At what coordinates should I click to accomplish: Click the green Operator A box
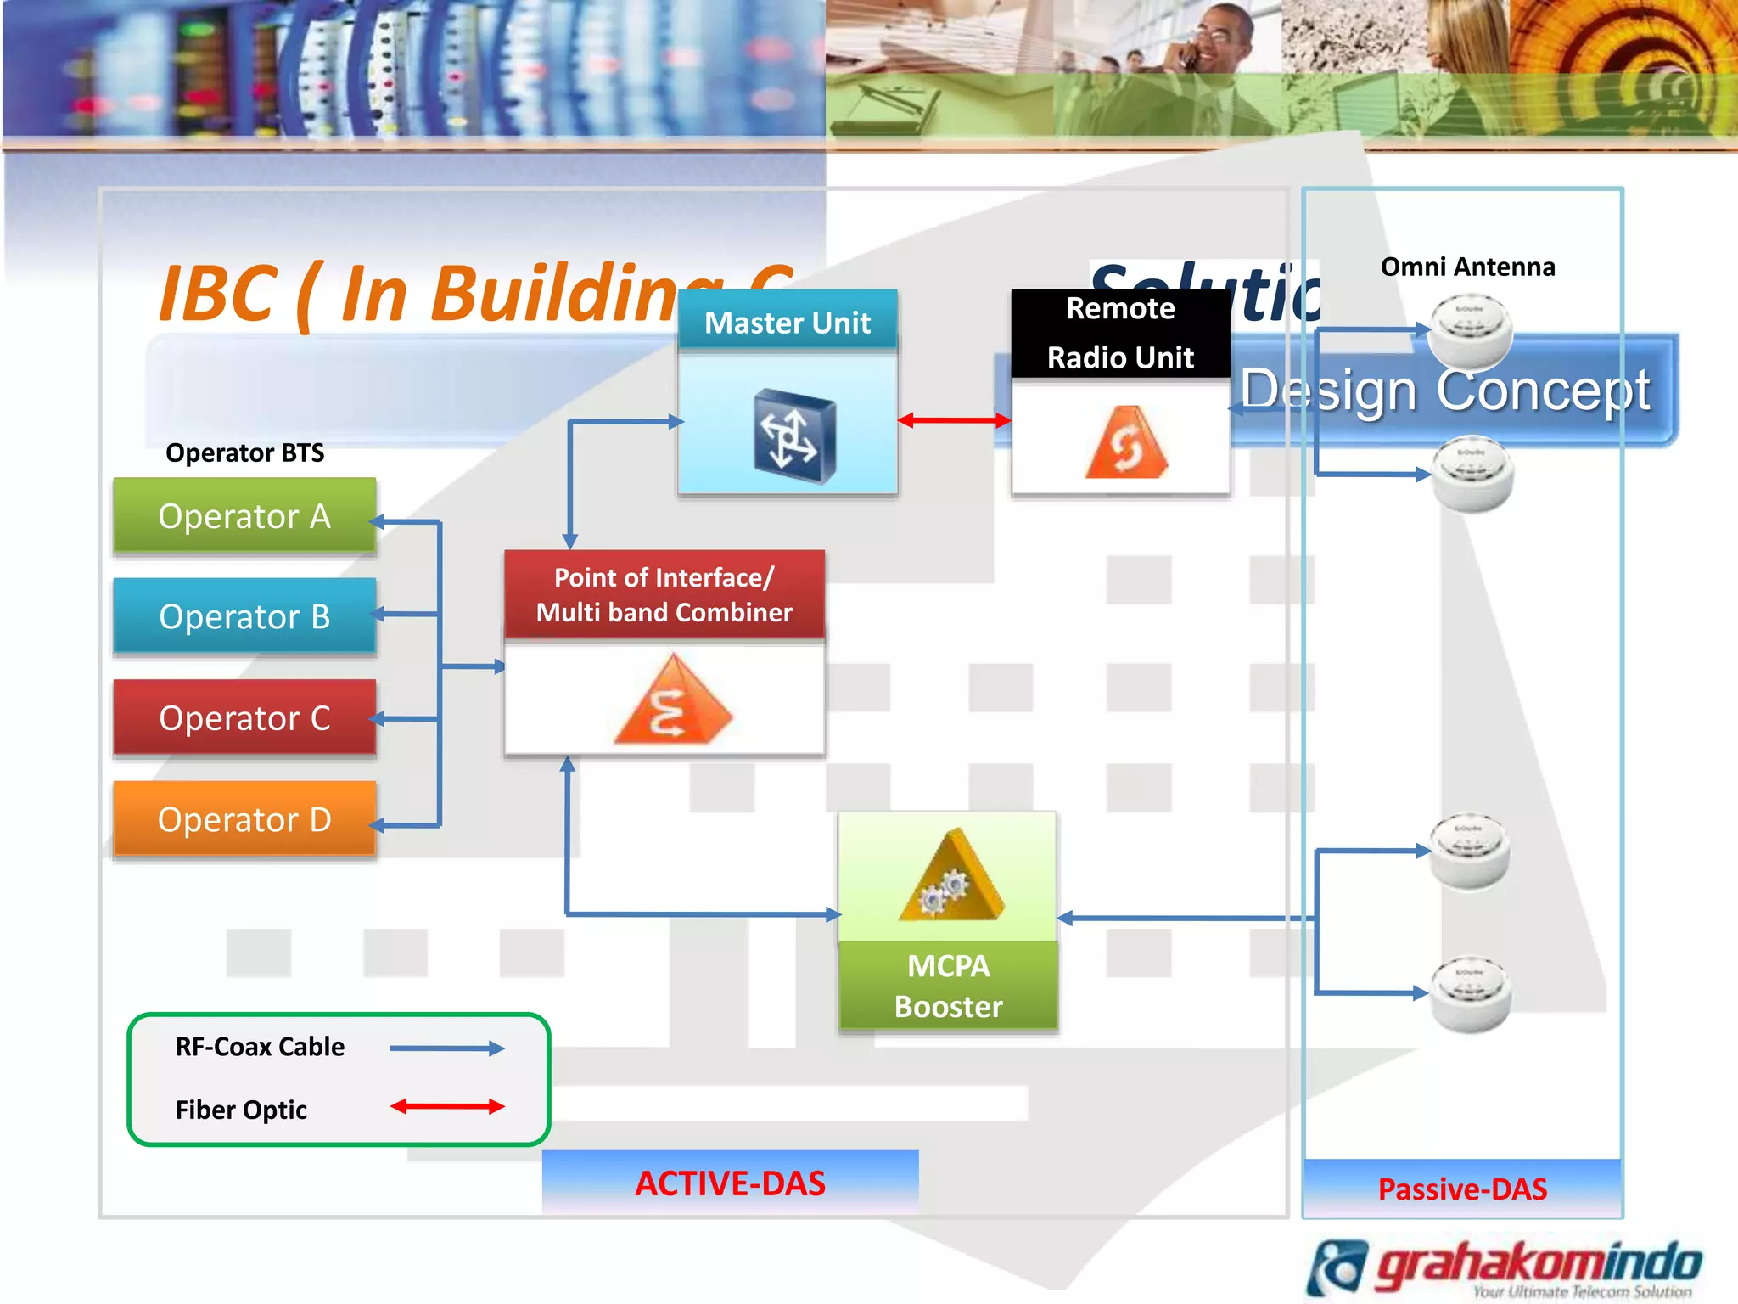tap(244, 516)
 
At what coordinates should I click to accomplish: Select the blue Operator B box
tap(244, 616)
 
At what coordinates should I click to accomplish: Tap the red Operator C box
tap(244, 718)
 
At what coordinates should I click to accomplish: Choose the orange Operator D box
tap(244, 819)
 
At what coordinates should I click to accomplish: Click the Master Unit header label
tap(788, 323)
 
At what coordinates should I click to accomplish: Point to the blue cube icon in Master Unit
tap(793, 436)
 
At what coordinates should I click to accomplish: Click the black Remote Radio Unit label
tap(1120, 333)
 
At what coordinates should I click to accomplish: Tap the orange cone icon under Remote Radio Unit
tap(1126, 443)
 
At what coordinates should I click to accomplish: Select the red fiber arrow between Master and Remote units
tap(954, 420)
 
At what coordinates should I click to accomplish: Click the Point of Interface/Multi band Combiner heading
tap(664, 595)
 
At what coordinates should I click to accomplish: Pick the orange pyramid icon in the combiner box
tap(672, 701)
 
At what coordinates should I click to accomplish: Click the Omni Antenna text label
tap(1467, 267)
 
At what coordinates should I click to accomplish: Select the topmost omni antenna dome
tap(1471, 329)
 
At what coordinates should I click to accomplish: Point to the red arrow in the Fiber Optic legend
tap(447, 1106)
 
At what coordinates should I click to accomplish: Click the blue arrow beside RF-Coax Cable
tap(447, 1048)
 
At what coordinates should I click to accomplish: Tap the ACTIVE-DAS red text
tap(730, 1183)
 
